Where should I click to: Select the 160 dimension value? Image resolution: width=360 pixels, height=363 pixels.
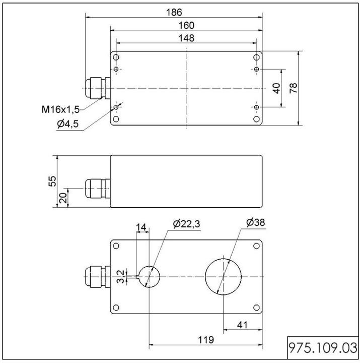tap(186, 25)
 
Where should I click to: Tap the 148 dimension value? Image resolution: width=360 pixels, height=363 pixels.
tap(186, 38)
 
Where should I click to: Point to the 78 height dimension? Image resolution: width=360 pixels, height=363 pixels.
tap(294, 88)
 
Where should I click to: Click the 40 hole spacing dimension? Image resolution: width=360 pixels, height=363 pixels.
tap(276, 88)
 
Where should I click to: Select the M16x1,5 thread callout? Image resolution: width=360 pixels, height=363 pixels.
tap(60, 109)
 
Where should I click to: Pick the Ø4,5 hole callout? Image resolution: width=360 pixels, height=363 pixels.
tap(67, 125)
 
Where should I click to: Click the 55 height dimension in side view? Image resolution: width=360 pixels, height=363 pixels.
tap(52, 181)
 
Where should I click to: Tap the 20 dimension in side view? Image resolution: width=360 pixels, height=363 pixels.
tap(63, 198)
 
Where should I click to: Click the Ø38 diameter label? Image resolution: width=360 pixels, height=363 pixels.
tap(256, 222)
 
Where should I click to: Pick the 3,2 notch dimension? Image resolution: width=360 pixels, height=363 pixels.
tap(121, 276)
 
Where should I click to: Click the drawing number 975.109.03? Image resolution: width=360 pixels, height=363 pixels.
tap(322, 348)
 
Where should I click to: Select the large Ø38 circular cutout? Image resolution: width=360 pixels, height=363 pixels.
tap(223, 277)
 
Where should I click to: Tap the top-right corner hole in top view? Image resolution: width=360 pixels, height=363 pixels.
tap(256, 57)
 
